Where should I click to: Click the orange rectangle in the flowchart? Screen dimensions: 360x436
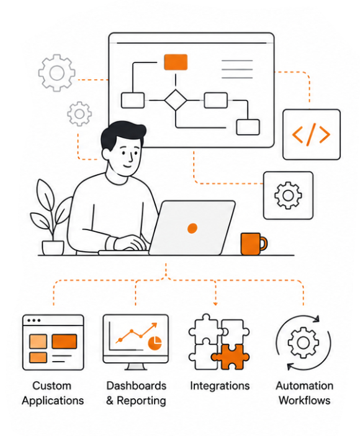point(176,62)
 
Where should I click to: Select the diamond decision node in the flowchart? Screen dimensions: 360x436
point(176,100)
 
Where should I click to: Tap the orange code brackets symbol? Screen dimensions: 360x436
point(311,135)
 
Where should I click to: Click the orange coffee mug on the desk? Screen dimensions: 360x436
point(253,244)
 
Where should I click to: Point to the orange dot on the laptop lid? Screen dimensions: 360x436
point(192,228)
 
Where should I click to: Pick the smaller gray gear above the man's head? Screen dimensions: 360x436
point(79,113)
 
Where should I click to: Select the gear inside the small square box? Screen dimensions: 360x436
point(288,195)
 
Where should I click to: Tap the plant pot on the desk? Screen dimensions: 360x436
point(53,247)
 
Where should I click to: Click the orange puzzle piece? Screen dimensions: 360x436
point(230,357)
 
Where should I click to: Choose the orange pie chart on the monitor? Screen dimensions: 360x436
point(155,343)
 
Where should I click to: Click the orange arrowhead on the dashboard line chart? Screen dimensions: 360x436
point(154,326)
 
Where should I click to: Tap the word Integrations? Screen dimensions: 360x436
point(220,386)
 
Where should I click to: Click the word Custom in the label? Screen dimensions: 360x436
point(52,386)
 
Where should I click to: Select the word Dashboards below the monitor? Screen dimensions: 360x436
point(137,386)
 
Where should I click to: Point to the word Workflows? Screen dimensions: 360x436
point(305,401)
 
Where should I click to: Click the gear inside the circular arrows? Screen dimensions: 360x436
point(304,342)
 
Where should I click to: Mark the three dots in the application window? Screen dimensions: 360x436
point(34,320)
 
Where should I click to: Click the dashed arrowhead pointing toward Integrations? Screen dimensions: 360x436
point(215,304)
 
